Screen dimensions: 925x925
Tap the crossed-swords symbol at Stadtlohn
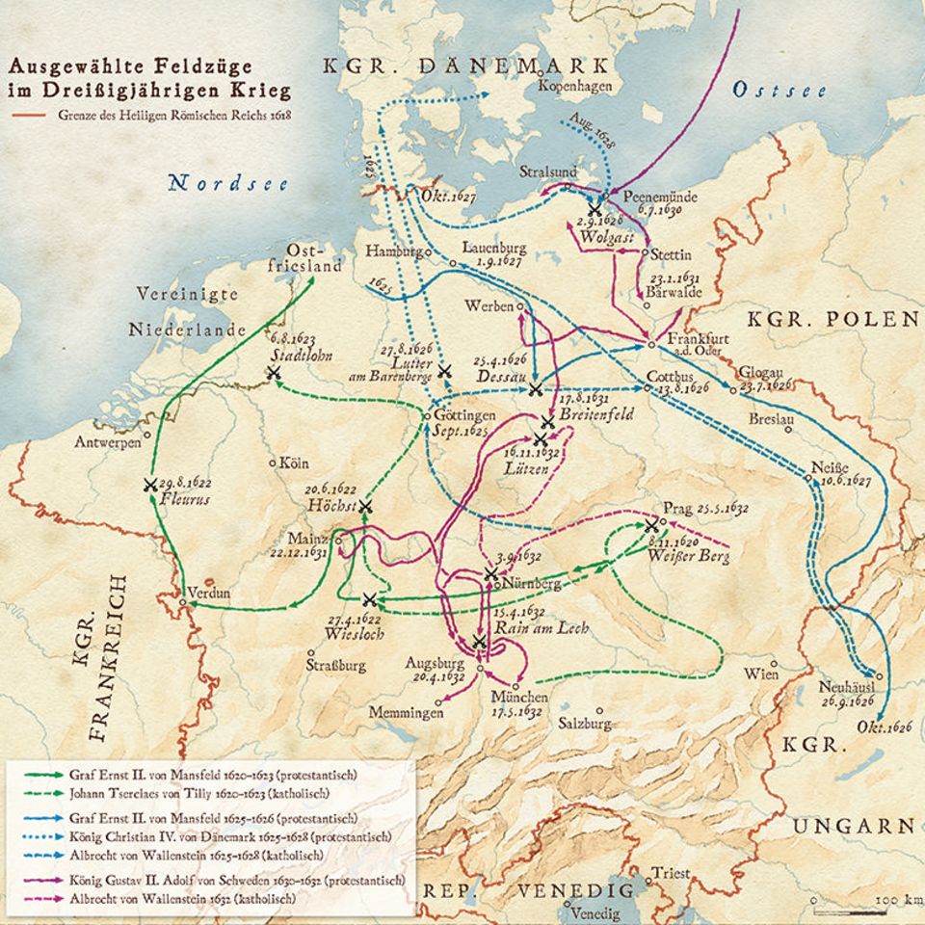274,372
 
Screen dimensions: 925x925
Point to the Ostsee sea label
780,90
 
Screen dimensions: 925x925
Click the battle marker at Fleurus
150,486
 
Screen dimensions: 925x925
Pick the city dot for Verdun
183,603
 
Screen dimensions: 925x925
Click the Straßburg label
335,665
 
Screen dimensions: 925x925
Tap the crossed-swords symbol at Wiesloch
368,599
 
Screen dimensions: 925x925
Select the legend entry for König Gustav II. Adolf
236,880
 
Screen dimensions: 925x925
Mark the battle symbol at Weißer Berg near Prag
652,525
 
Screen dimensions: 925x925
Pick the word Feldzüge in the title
202,66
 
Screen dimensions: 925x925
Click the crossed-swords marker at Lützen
540,439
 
